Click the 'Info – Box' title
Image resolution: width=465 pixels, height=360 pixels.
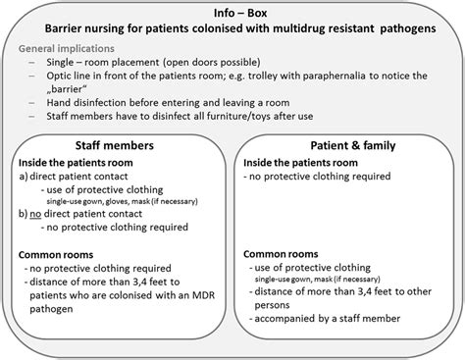[x=232, y=13]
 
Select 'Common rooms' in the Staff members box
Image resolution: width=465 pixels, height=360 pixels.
[x=57, y=255]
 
